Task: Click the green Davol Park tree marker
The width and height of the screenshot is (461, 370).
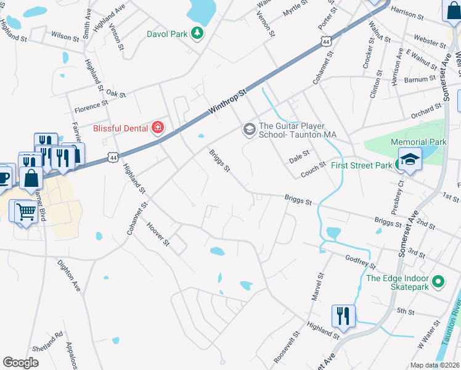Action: click(197, 33)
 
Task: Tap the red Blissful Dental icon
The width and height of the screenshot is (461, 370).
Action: click(158, 128)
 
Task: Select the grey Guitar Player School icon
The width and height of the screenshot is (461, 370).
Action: click(249, 128)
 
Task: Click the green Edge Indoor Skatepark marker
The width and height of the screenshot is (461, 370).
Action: click(438, 282)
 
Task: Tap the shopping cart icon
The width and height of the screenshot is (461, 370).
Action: click(25, 212)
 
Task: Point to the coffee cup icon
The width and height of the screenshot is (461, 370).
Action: click(4, 176)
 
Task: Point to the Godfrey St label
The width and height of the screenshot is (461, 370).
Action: click(361, 261)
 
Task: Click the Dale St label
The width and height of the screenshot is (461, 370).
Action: click(299, 158)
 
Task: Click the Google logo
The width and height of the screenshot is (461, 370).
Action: click(20, 362)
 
